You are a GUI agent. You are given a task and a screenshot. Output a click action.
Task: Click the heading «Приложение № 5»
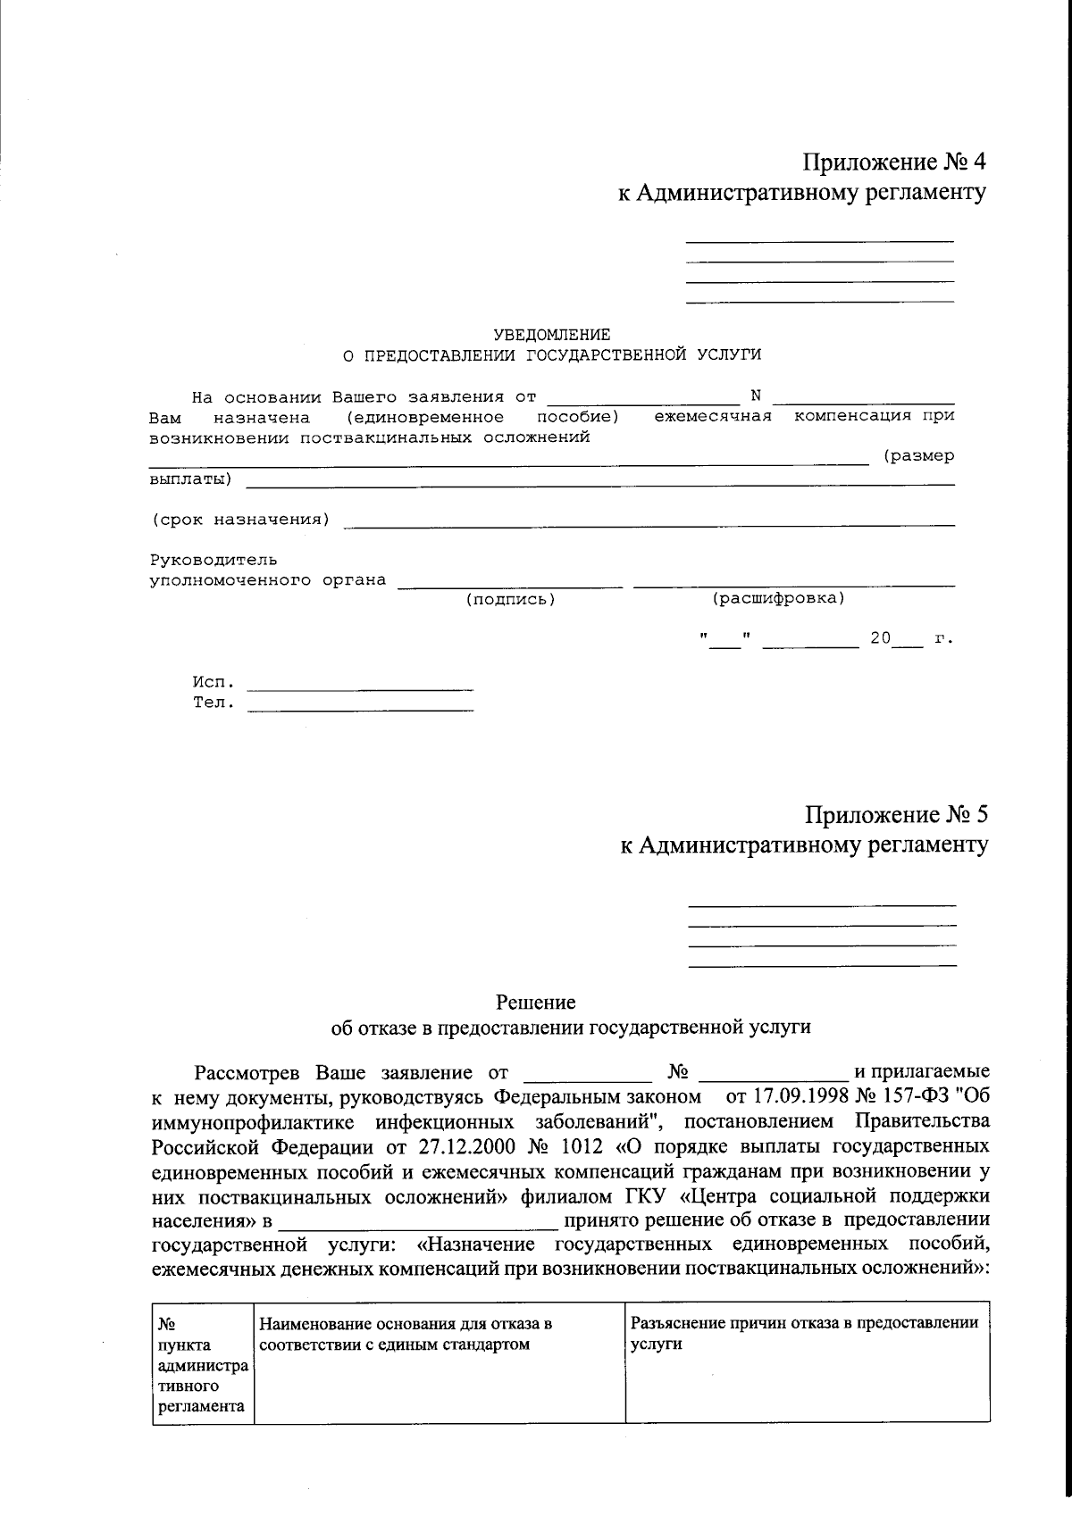[896, 814]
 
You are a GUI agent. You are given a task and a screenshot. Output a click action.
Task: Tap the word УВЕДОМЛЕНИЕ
[552, 335]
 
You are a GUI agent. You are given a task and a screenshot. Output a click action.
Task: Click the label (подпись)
[511, 600]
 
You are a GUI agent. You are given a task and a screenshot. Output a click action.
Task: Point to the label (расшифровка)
[778, 598]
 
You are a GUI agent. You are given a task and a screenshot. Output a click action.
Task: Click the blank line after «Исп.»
[359, 688]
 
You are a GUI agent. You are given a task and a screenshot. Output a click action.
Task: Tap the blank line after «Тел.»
[359, 709]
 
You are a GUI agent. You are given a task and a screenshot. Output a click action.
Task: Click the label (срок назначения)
[240, 520]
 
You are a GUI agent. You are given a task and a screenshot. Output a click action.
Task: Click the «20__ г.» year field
[902, 639]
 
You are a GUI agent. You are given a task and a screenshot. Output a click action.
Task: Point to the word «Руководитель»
[214, 561]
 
